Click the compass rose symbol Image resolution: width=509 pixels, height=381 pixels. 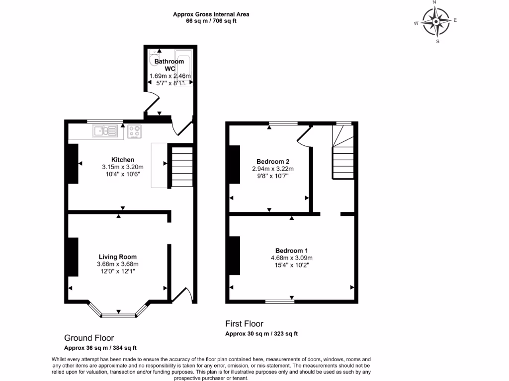click(x=436, y=22)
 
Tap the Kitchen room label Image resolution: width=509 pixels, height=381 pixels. click(x=122, y=160)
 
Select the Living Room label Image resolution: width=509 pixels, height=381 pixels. click(x=117, y=257)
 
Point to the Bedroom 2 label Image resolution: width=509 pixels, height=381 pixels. click(x=273, y=162)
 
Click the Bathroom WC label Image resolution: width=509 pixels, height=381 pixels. click(x=169, y=65)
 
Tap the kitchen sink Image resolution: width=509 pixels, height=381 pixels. click(x=104, y=131)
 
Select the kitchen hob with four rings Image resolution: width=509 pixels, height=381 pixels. click(x=134, y=131)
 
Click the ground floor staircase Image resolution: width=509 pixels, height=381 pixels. click(x=182, y=166)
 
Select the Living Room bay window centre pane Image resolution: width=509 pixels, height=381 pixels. click(x=118, y=315)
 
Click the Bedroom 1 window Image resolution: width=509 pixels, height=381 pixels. click(x=279, y=301)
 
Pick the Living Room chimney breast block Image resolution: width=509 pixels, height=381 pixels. click(x=73, y=257)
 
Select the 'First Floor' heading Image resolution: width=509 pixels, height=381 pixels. click(x=244, y=324)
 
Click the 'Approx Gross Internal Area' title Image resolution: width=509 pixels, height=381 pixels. click(x=211, y=14)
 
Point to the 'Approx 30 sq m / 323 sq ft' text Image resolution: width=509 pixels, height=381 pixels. click(x=261, y=334)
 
